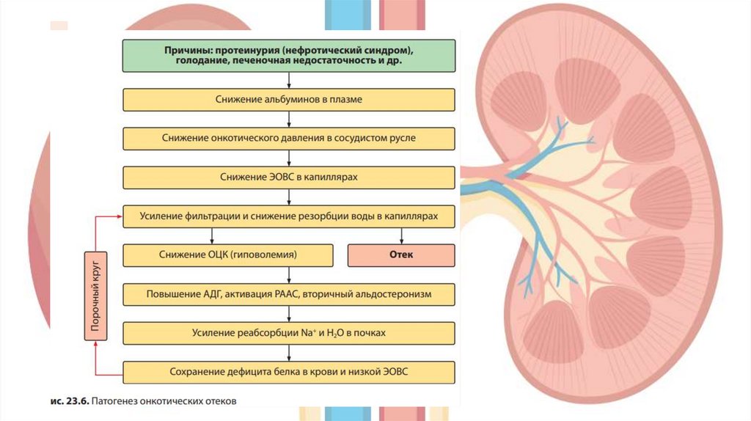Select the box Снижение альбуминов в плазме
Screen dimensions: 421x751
pyautogui.click(x=289, y=99)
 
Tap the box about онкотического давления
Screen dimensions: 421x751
pyautogui.click(x=289, y=138)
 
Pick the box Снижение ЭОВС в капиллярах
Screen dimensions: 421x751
pyautogui.click(x=289, y=177)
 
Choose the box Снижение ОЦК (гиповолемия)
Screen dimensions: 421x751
pyautogui.click(x=227, y=255)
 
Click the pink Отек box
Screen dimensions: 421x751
pyautogui.click(x=400, y=255)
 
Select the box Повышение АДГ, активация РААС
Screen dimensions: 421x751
pyautogui.click(x=289, y=294)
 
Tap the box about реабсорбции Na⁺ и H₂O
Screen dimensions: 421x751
pyautogui.click(x=289, y=333)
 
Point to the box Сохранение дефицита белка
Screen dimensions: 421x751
pyautogui.click(x=289, y=372)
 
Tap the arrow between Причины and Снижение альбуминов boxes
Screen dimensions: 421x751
pyautogui.click(x=289, y=80)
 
